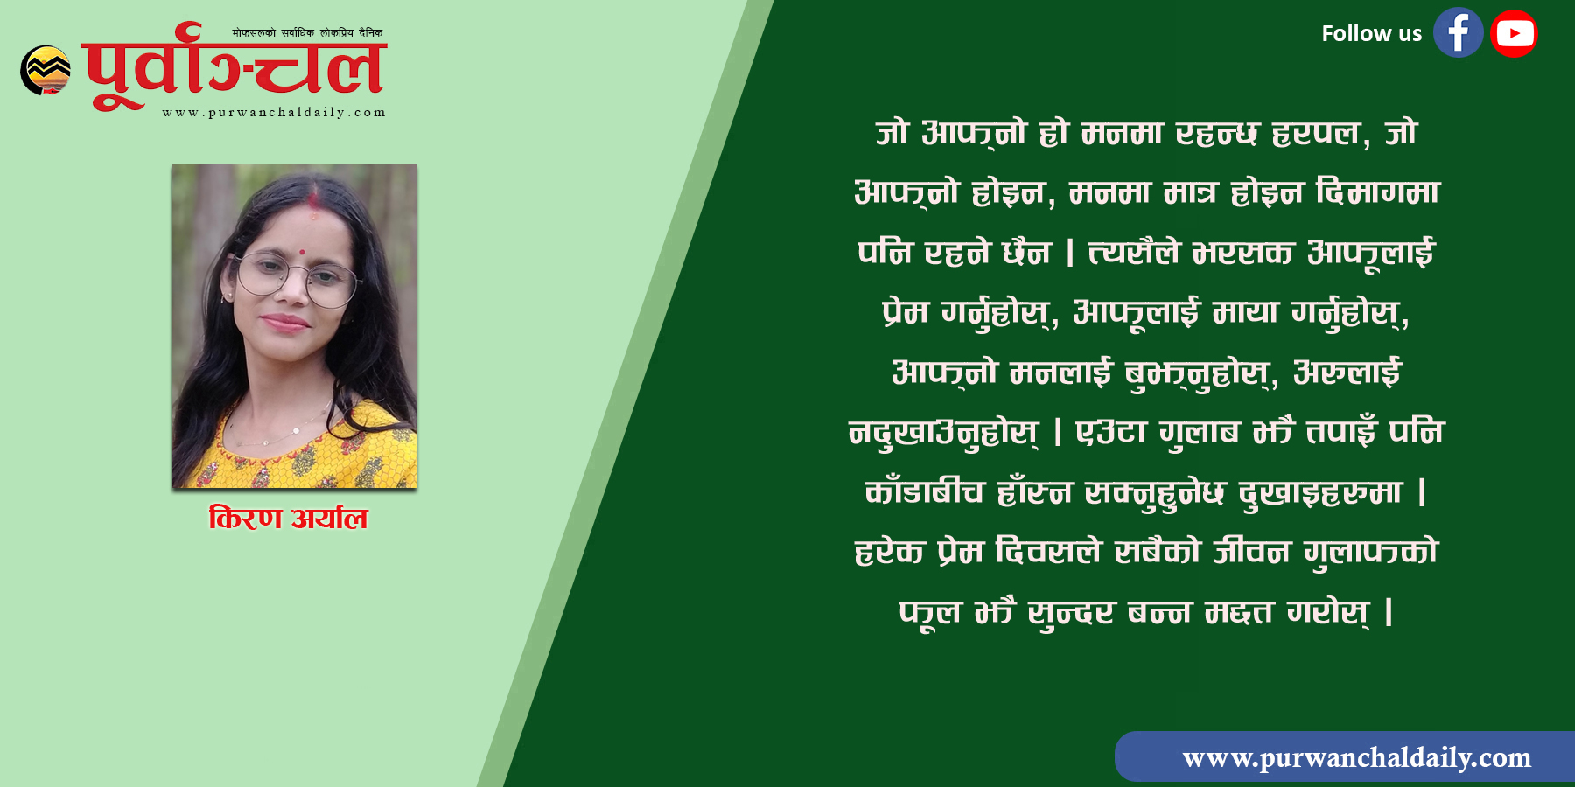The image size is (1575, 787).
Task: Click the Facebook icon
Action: (x=1458, y=33)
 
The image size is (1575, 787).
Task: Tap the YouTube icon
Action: (x=1514, y=33)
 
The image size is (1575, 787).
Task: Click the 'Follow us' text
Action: (x=1371, y=33)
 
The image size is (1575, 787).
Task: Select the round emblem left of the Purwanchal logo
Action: (x=45, y=70)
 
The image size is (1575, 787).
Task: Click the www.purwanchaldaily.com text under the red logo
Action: (x=274, y=112)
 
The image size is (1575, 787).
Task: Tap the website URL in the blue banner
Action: (x=1356, y=757)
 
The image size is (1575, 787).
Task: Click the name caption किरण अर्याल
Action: (x=288, y=518)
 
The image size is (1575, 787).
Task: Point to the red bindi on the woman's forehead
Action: (x=301, y=252)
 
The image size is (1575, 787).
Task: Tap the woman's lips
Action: (x=286, y=324)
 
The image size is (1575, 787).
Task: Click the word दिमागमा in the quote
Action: (x=1378, y=192)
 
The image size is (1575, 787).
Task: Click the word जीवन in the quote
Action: (x=1252, y=551)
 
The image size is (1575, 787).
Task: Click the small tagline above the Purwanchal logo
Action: (x=307, y=33)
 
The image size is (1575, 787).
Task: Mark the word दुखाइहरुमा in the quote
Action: (x=1321, y=492)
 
